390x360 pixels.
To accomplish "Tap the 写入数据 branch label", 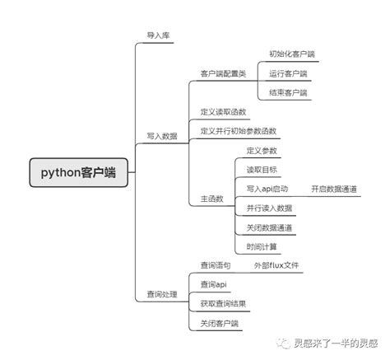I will (161, 136).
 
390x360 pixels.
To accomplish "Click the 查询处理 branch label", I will (161, 294).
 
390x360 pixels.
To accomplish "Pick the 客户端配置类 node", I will (222, 73).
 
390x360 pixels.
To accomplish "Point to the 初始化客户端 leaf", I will (291, 54).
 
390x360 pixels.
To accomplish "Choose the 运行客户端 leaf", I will (288, 73).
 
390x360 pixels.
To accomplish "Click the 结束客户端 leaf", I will (288, 92).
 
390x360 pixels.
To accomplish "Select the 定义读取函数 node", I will (223, 111).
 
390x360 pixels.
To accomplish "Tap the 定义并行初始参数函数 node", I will (238, 131).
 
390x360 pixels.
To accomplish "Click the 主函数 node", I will (211, 199).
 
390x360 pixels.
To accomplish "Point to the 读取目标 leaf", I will (262, 170).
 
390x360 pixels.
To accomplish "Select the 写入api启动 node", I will (267, 189).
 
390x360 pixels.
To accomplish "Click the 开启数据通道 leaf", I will (334, 189).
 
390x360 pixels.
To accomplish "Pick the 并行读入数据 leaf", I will (269, 208).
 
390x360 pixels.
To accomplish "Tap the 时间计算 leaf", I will (262, 246).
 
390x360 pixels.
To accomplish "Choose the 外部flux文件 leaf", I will (276, 266).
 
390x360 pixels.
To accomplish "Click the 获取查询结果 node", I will (222, 304).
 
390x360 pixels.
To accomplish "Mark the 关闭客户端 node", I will (219, 324).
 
